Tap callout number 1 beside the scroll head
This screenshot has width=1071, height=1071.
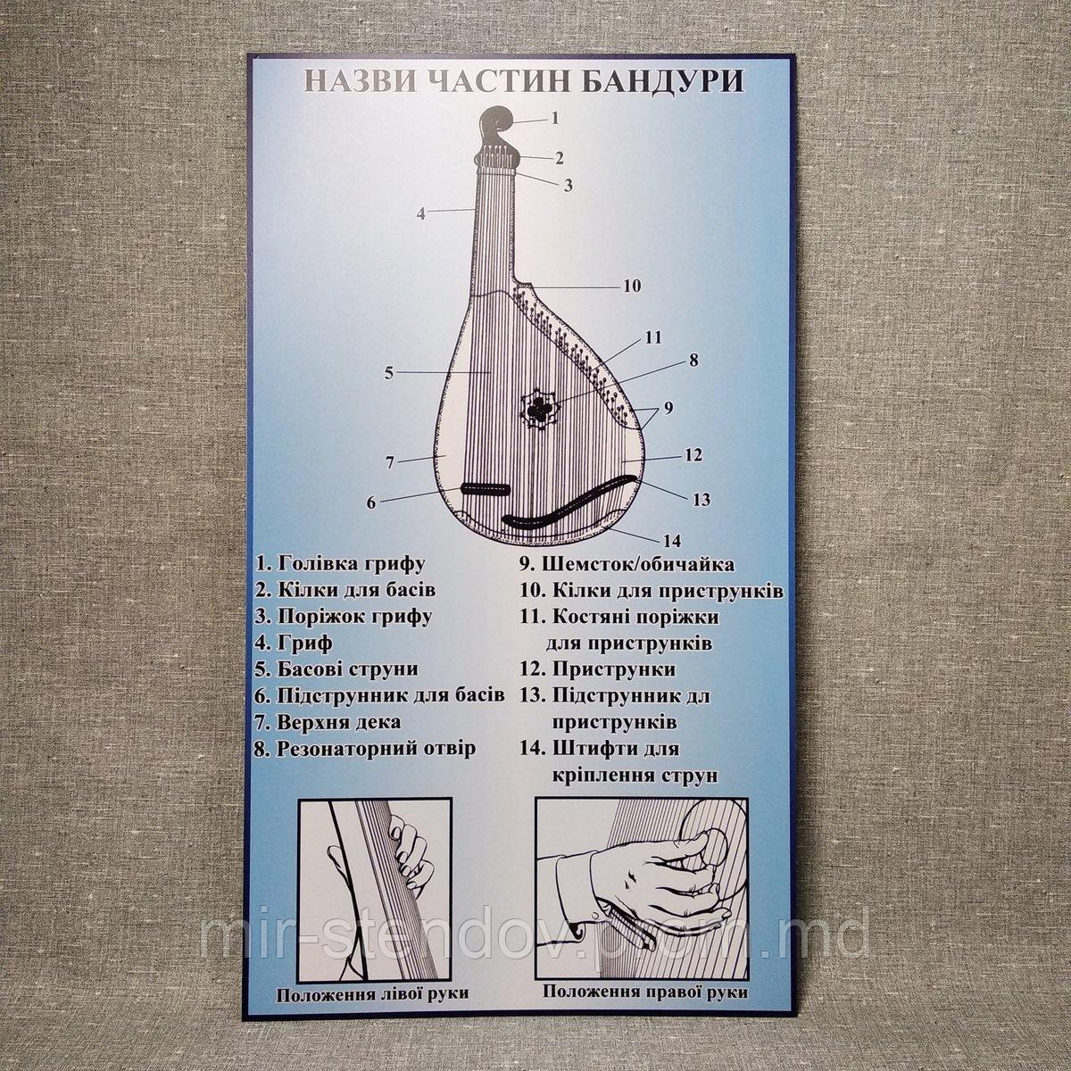click(x=554, y=118)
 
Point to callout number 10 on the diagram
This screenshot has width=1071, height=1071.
click(x=631, y=286)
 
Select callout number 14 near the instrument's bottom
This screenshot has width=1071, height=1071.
click(x=671, y=541)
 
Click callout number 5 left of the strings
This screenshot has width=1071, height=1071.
click(x=389, y=373)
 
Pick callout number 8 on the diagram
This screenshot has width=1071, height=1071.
click(x=693, y=361)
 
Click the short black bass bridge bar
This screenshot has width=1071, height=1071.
click(x=485, y=490)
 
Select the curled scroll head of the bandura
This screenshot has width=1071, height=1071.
click(x=497, y=128)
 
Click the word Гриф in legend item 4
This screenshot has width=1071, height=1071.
click(x=303, y=643)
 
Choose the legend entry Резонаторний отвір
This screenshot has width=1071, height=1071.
click(x=366, y=748)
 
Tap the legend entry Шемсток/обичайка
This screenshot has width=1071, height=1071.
click(x=627, y=564)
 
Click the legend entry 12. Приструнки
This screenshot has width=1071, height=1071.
click(x=598, y=669)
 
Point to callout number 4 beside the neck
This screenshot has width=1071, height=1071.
click(x=422, y=213)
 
